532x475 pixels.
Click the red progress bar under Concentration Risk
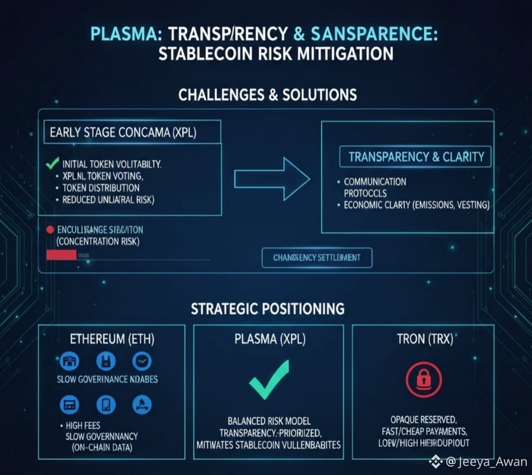point(61,255)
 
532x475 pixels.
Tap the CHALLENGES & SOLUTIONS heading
point(267,95)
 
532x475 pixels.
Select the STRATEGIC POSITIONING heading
point(268,309)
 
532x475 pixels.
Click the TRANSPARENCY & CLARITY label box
point(416,157)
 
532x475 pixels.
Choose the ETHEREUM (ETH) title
point(112,340)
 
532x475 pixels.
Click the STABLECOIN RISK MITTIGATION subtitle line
point(275,54)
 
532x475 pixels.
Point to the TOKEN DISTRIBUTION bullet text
point(101,188)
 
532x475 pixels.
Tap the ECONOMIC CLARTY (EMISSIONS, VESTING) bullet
point(417,205)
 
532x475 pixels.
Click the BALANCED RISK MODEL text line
point(269,421)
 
